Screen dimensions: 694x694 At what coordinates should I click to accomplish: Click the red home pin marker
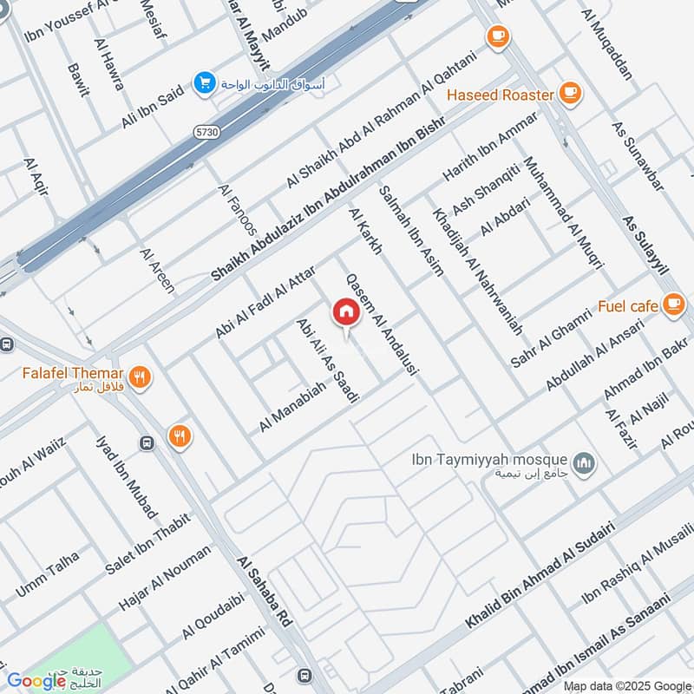pyautogui.click(x=345, y=312)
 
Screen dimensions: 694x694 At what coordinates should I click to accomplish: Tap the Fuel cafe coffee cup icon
pyautogui.click(x=673, y=304)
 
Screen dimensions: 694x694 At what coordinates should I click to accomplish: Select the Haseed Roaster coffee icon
pyautogui.click(x=570, y=94)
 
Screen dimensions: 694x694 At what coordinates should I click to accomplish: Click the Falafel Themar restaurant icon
pyautogui.click(x=141, y=376)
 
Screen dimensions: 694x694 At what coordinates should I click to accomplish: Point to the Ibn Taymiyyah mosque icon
pyautogui.click(x=586, y=461)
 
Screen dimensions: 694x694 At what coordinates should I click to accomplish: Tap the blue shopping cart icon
pyautogui.click(x=205, y=82)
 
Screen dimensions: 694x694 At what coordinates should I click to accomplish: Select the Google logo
pyautogui.click(x=36, y=681)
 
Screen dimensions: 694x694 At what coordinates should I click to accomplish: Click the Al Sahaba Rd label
pyautogui.click(x=265, y=593)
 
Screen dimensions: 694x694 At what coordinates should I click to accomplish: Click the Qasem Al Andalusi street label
pyautogui.click(x=382, y=324)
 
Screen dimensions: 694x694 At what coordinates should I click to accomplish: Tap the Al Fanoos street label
pyautogui.click(x=238, y=210)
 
